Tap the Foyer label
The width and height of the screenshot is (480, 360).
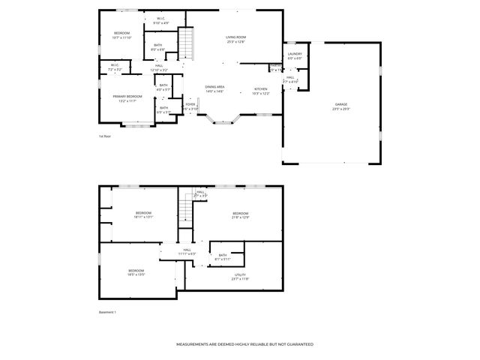(x=190, y=106)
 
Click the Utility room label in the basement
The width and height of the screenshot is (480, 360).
(x=240, y=276)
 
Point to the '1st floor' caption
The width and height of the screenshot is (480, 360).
(x=105, y=136)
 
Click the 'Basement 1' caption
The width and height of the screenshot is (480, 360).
(x=108, y=312)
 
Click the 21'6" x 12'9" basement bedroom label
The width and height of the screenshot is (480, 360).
(x=239, y=215)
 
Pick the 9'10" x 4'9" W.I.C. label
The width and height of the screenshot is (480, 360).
(x=161, y=21)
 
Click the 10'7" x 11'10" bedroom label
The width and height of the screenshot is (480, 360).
(x=121, y=35)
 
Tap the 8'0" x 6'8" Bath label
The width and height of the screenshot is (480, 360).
(x=158, y=47)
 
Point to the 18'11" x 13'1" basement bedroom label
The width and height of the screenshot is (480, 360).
(x=143, y=215)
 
